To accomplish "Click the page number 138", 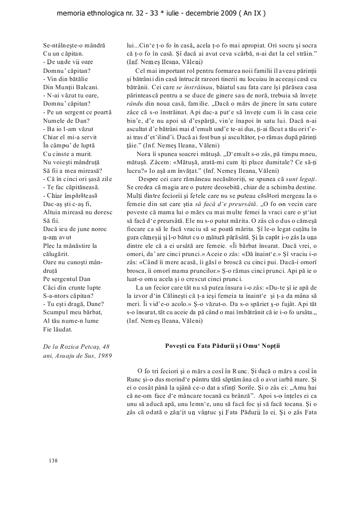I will (x=53, y=461).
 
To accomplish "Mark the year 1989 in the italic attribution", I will (x=104, y=355).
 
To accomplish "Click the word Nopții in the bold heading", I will (x=270, y=346).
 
